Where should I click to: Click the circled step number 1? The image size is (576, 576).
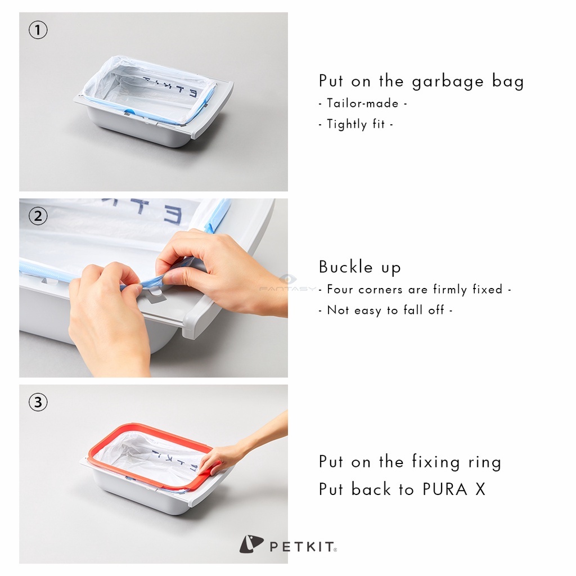coord(38,30)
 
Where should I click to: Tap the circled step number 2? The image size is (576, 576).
coord(38,217)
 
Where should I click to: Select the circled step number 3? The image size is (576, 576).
coord(38,402)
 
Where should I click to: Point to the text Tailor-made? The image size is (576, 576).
coord(362,103)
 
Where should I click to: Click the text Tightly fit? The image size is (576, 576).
coord(355,124)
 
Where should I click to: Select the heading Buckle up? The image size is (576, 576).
coord(359,267)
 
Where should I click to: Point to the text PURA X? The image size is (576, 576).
coord(453,489)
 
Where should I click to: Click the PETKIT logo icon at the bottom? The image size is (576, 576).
coord(251,544)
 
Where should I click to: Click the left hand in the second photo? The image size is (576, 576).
coord(107,315)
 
